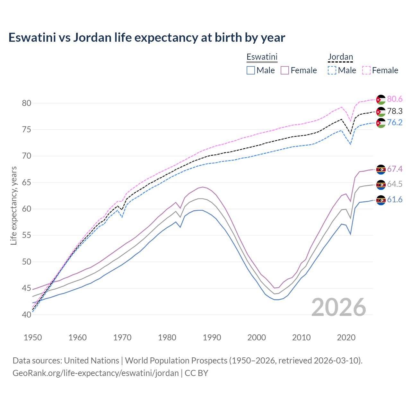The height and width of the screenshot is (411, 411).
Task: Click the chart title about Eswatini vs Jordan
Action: [147, 38]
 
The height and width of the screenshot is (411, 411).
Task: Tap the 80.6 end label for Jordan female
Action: [395, 99]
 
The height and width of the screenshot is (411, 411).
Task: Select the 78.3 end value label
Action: [395, 111]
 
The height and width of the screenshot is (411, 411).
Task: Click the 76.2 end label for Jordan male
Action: [395, 122]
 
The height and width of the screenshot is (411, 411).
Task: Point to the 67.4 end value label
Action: [395, 169]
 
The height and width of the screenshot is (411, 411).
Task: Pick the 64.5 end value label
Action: [395, 184]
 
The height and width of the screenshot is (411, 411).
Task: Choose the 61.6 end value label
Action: [395, 199]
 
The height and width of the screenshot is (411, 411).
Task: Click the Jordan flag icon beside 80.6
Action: [381, 100]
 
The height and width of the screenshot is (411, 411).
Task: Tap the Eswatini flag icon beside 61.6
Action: [381, 200]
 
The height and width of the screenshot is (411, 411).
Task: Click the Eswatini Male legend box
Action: [251, 70]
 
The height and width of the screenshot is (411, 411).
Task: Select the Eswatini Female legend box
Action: [285, 70]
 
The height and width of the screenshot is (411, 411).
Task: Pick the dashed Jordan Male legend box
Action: [332, 70]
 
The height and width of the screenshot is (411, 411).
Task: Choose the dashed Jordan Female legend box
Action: [366, 70]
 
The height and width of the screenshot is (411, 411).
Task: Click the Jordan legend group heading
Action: [340, 57]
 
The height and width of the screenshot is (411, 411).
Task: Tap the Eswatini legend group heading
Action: [262, 57]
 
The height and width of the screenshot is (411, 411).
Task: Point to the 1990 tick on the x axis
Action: [212, 337]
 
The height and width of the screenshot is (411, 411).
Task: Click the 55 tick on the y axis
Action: [27, 235]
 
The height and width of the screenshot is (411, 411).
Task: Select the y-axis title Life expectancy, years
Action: [14, 205]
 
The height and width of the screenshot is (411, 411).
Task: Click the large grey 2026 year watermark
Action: [338, 307]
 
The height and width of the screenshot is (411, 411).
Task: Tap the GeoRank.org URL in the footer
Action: [96, 373]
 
